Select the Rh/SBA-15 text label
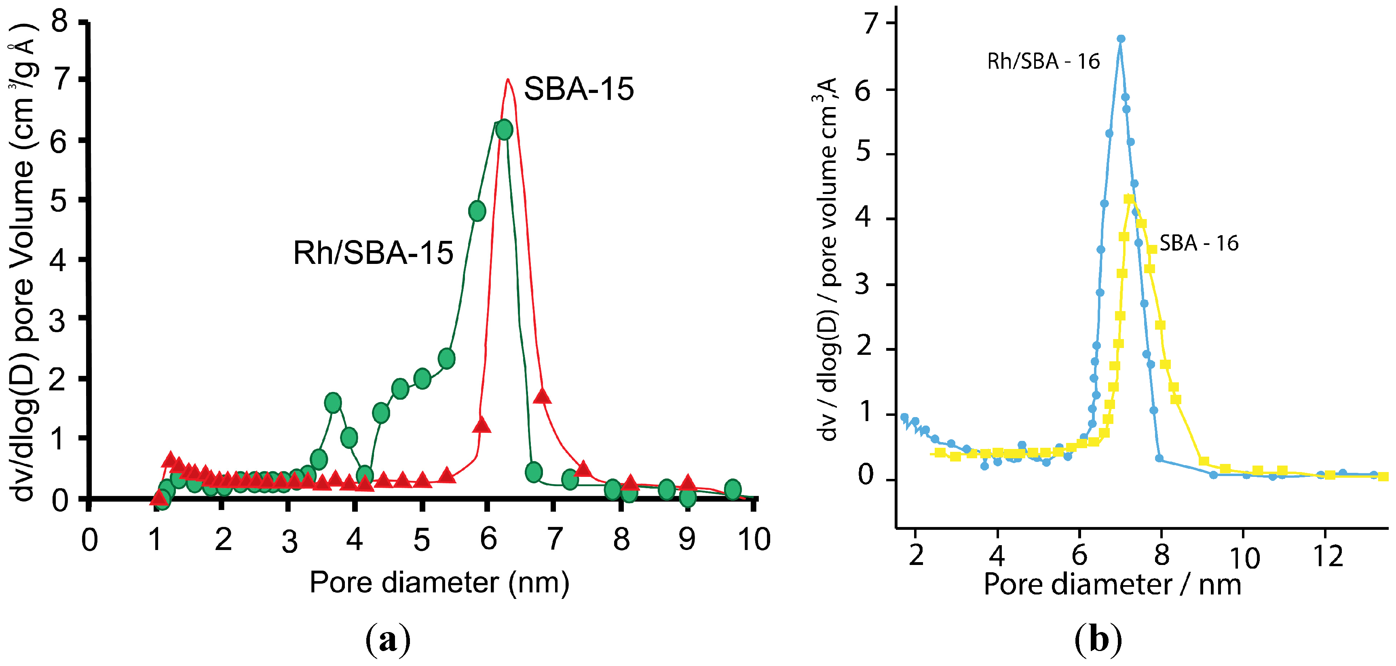click(373, 253)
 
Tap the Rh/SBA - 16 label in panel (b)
click(1043, 62)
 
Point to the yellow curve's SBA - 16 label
click(1198, 243)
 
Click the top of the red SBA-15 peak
click(507, 80)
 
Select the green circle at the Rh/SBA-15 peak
click(504, 130)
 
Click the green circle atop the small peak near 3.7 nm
click(333, 403)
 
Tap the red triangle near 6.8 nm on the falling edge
click(542, 397)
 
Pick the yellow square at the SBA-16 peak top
click(1129, 199)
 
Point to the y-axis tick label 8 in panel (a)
click(59, 22)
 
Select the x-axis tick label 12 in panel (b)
click(1328, 556)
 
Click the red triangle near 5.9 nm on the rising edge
click(481, 426)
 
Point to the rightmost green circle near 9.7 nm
click(732, 489)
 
